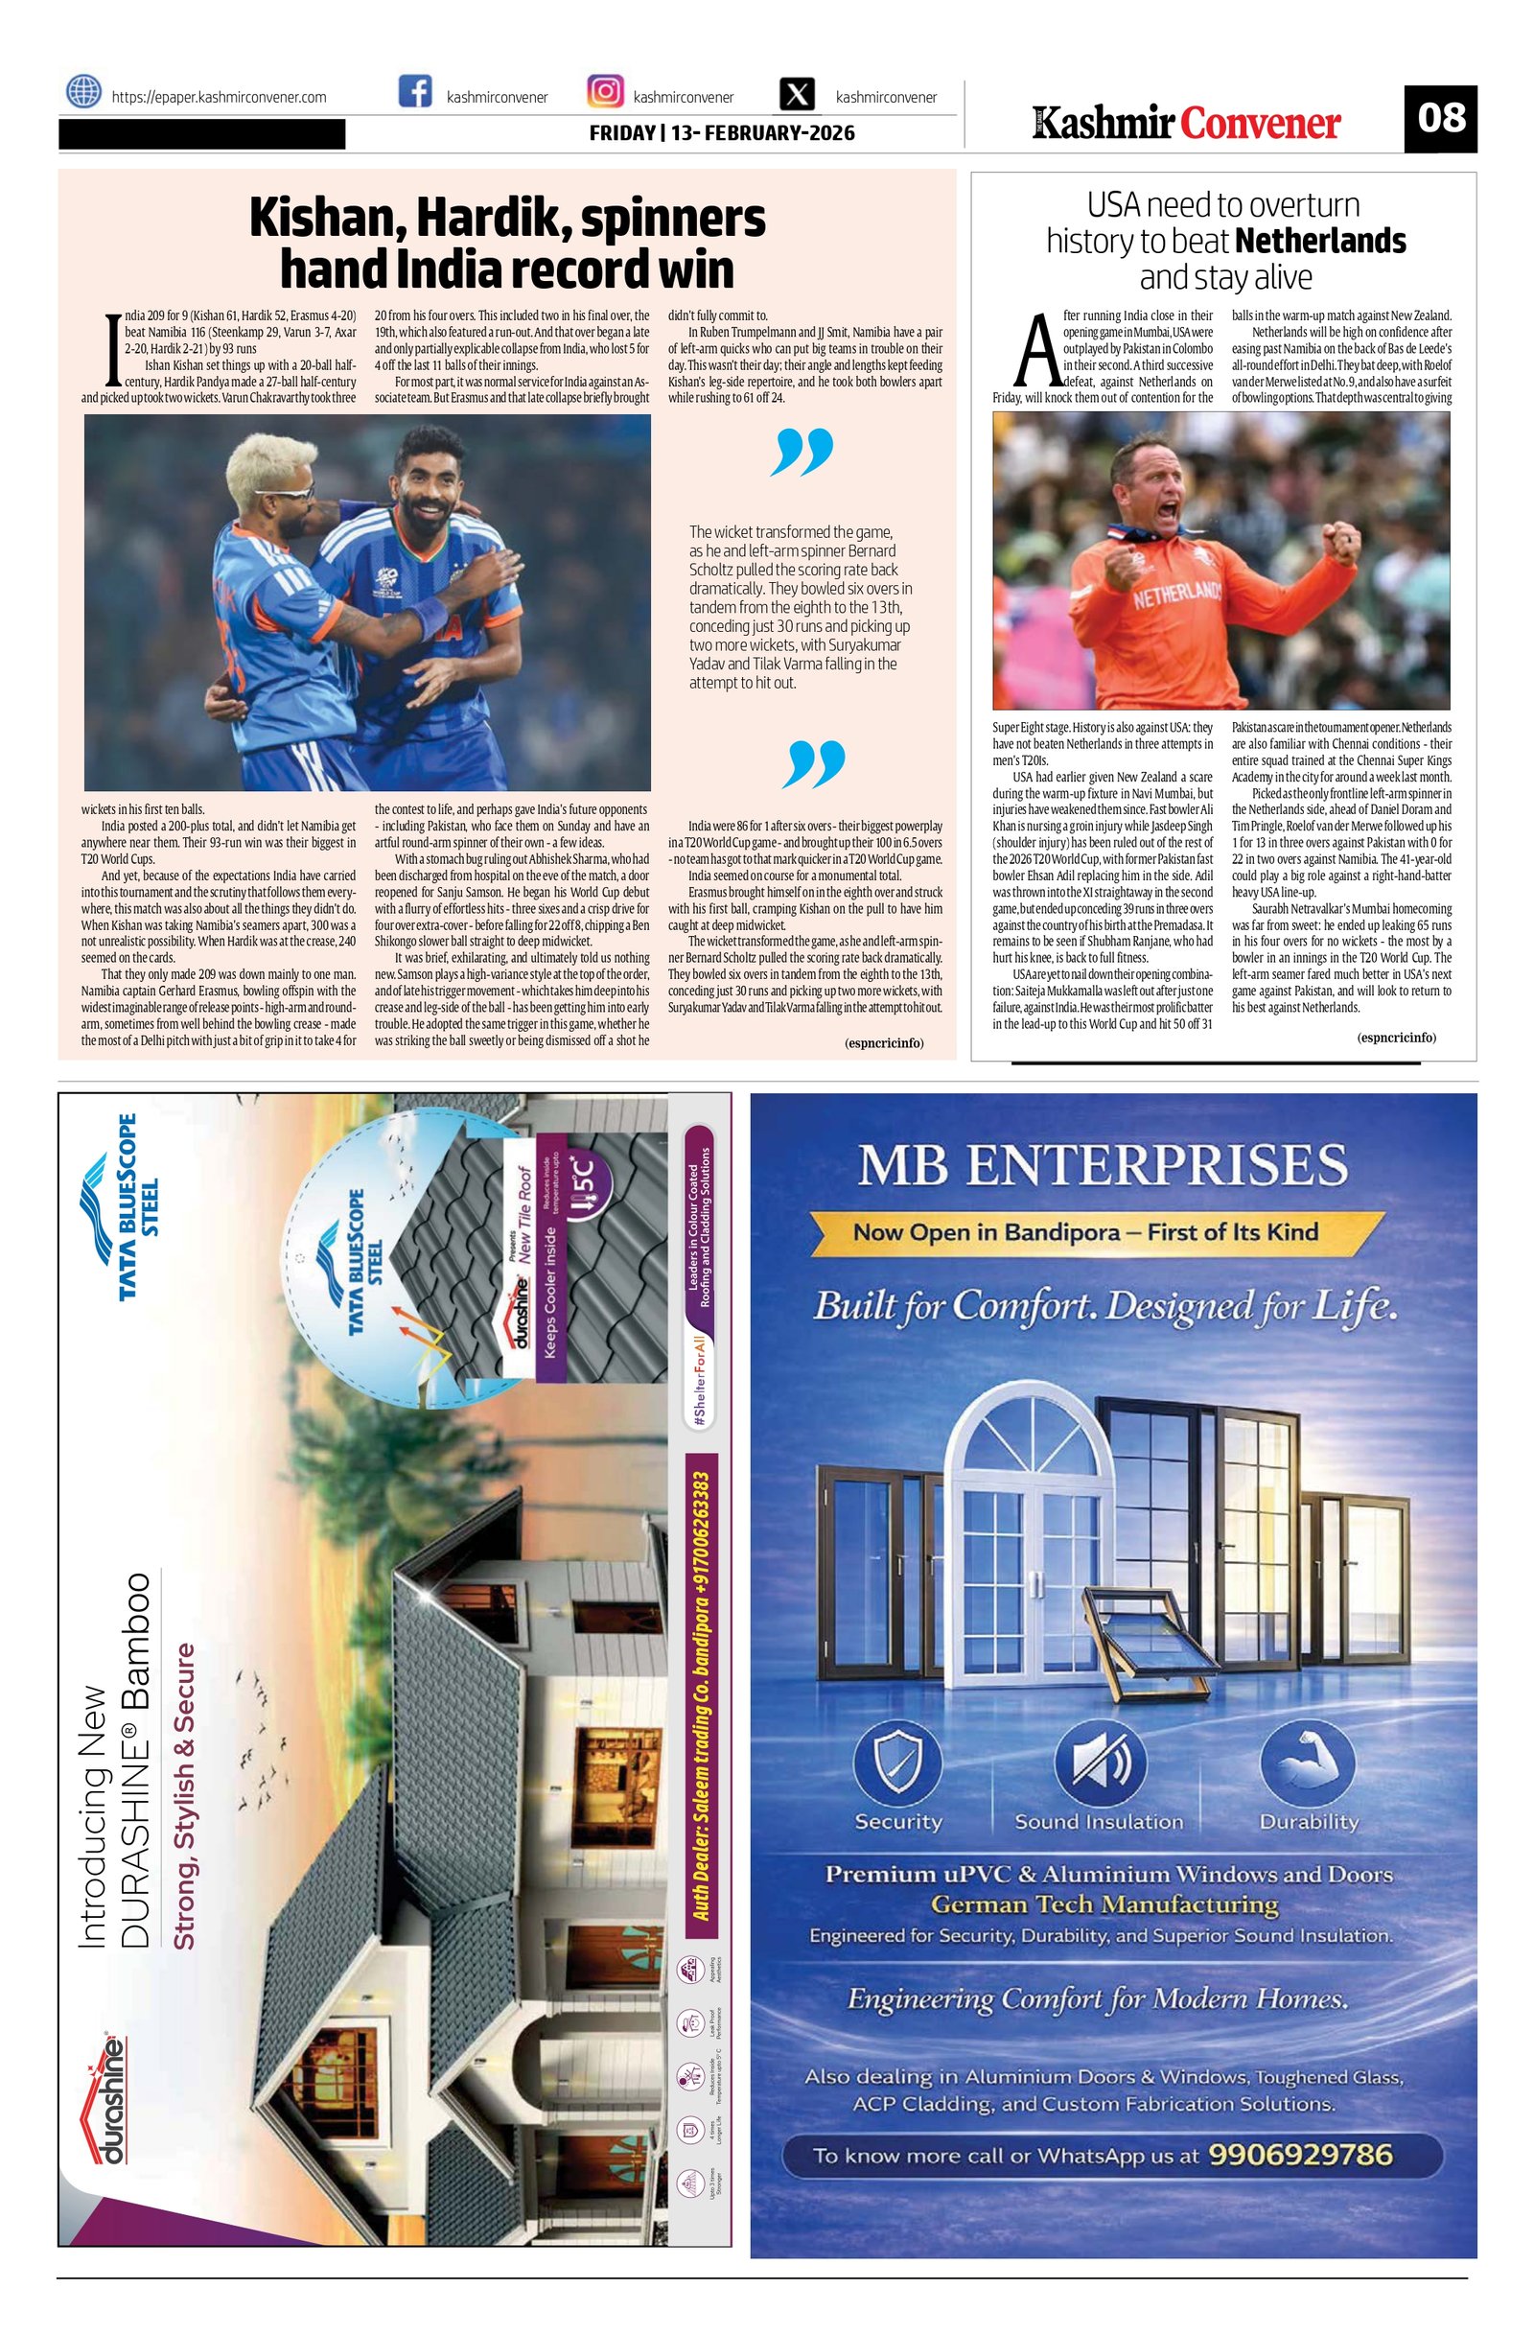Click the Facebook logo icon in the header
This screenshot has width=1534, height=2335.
click(416, 92)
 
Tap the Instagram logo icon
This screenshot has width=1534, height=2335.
click(604, 92)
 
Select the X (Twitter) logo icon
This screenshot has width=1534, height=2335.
click(800, 95)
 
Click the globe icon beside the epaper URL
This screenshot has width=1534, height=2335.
click(83, 92)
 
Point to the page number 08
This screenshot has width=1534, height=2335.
click(1440, 118)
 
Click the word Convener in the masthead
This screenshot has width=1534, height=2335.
click(1260, 124)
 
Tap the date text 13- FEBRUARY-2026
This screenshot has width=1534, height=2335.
click(762, 132)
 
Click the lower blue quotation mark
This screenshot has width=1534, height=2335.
click(815, 765)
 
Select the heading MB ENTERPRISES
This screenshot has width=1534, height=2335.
click(1103, 1166)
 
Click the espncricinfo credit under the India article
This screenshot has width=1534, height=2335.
click(883, 1043)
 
